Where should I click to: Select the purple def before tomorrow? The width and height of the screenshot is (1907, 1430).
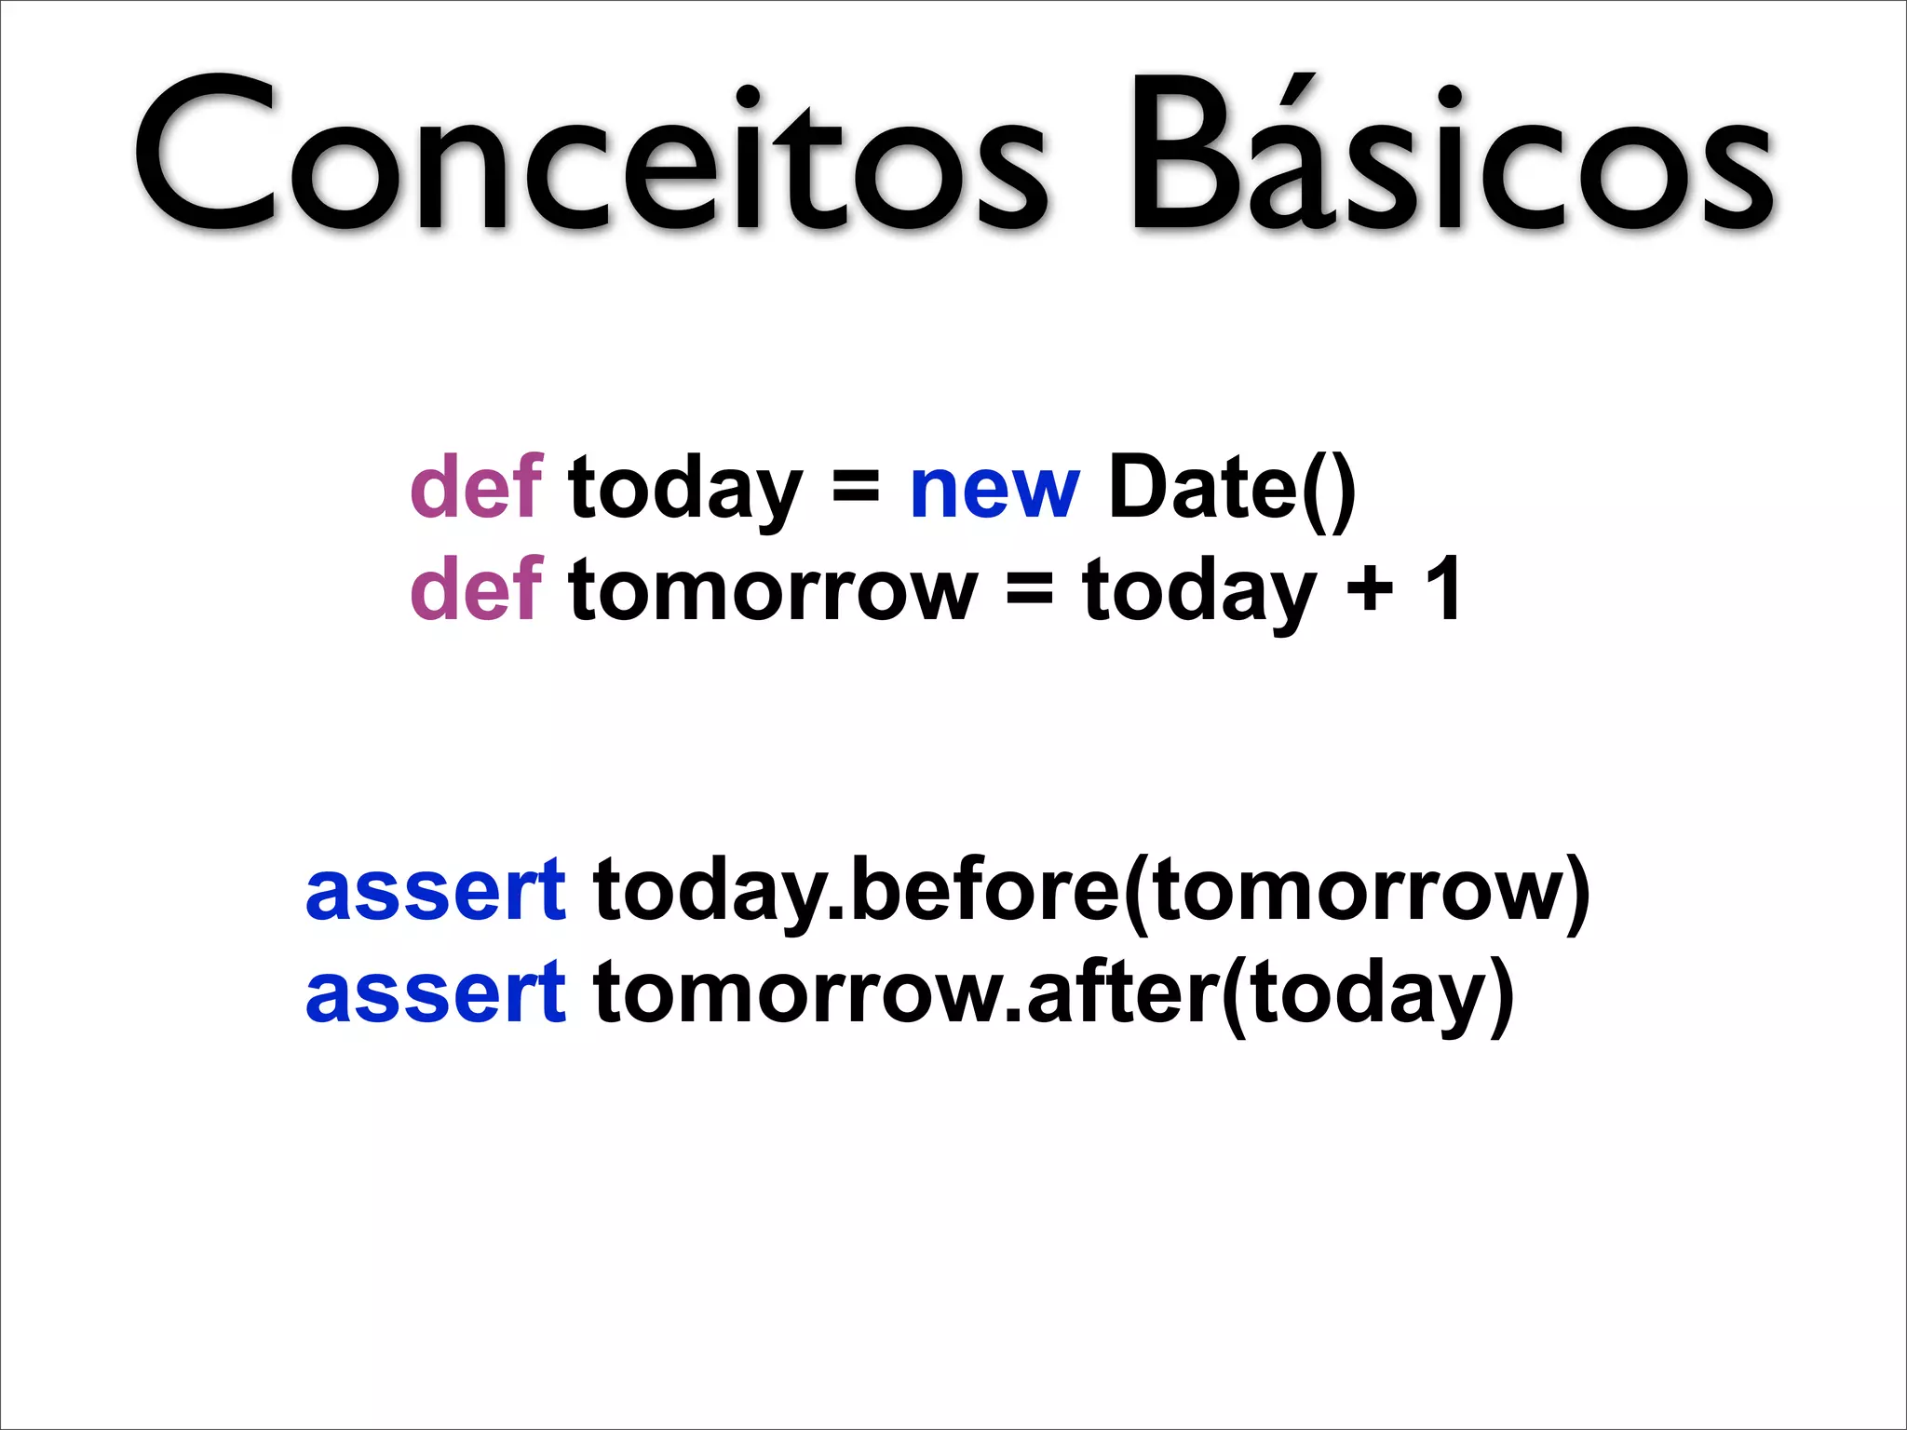coord(476,588)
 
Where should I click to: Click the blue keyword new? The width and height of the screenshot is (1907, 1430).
coord(994,490)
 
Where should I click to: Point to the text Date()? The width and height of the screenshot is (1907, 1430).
coord(1231,488)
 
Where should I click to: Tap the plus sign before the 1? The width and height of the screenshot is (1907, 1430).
coord(1369,588)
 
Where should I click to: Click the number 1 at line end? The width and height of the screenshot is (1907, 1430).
coord(1442,588)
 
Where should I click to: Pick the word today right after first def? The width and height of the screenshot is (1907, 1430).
coord(684,490)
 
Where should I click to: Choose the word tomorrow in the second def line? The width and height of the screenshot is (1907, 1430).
coord(773,590)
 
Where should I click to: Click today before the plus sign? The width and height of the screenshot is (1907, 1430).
coord(1199,590)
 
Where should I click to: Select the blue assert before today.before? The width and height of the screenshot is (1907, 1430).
coord(435,892)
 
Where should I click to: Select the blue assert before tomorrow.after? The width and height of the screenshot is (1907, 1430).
coord(435,994)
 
